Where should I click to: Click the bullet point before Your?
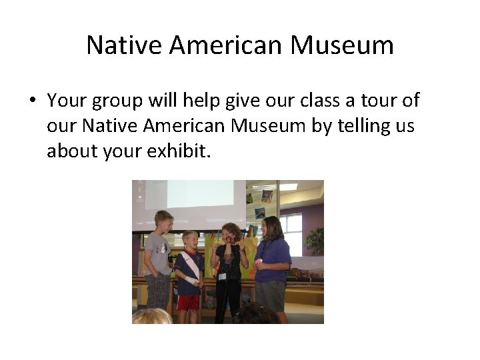[32, 101]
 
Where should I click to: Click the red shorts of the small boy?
[189, 302]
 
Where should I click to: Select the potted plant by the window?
[315, 240]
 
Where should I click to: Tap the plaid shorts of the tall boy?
[158, 290]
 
